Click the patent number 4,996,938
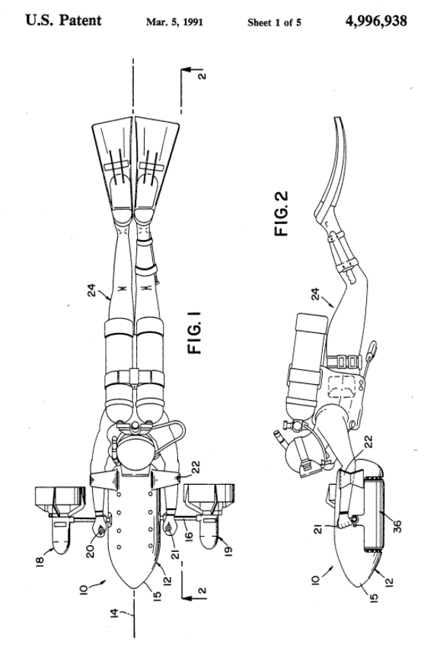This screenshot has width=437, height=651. tap(376, 21)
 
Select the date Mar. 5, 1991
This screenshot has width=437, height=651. tap(174, 22)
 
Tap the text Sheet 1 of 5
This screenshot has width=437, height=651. tap(275, 22)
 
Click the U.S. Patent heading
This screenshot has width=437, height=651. tap(63, 20)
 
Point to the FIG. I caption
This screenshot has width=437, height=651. tap(194, 332)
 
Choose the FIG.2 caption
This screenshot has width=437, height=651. tap(282, 213)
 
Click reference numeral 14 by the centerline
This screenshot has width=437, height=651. tap(117, 615)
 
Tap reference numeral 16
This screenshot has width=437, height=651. tap(189, 535)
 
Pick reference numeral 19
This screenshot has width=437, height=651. tap(228, 551)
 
